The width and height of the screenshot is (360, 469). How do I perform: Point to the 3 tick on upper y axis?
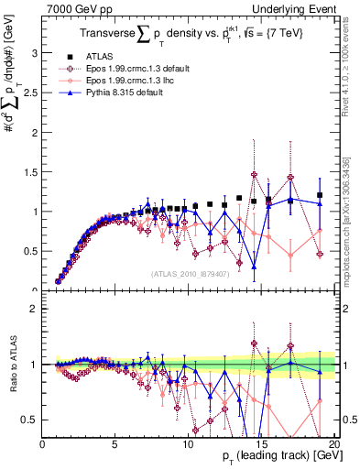click(35, 53)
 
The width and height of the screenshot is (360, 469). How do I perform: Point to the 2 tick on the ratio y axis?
click(35, 309)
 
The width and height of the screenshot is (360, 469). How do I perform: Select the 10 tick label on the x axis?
click(187, 444)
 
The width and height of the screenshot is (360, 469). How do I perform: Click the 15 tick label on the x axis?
click(259, 444)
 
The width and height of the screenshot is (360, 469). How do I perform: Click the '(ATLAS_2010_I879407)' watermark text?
click(189, 273)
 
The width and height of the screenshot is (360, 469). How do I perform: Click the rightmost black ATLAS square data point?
click(320, 195)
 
